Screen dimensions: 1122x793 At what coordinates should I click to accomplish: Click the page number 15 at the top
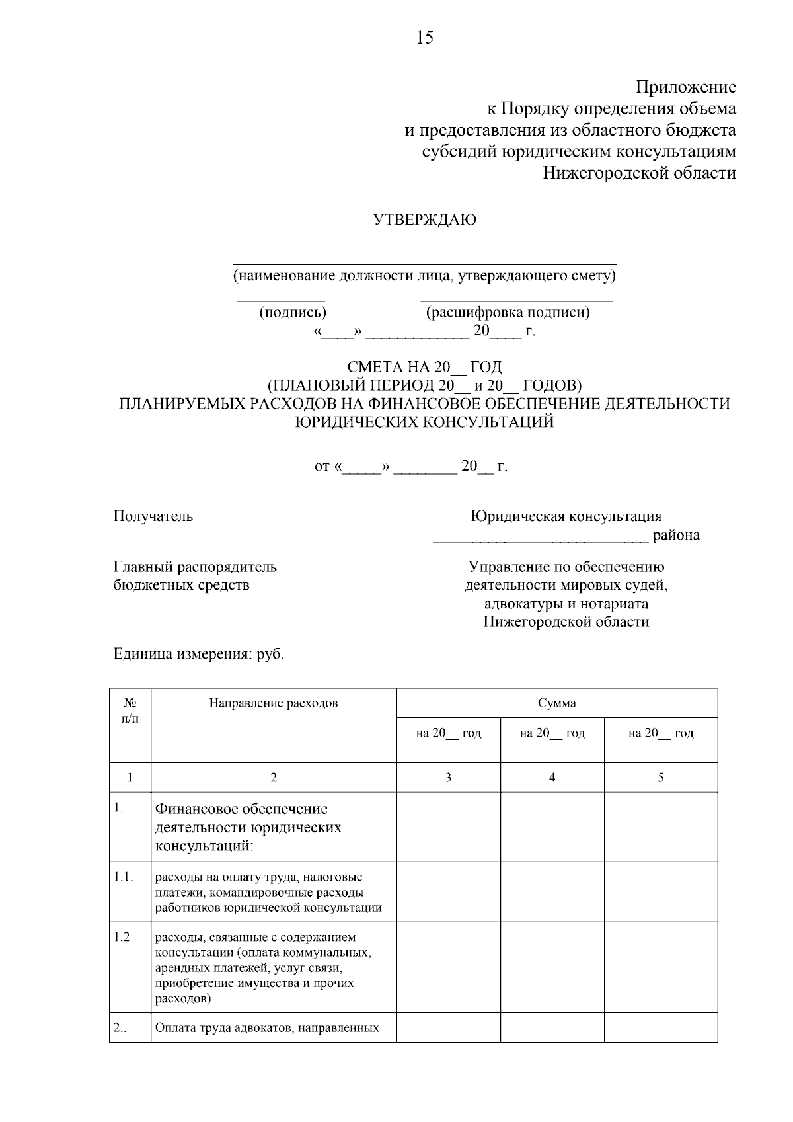424,38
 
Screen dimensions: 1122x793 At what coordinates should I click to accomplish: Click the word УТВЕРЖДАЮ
425,220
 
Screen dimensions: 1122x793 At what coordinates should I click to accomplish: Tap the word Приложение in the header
686,87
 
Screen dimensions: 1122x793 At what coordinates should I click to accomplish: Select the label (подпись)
293,312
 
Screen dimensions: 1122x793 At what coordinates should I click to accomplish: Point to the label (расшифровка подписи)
508,312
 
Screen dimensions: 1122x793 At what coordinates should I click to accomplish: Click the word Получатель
153,516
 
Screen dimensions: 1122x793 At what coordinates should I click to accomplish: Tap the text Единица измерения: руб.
198,654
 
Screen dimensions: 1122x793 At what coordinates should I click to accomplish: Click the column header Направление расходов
274,703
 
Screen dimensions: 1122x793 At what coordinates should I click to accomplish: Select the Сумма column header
556,703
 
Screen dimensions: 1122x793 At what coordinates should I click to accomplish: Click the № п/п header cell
130,710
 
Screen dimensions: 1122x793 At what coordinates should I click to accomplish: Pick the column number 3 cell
448,778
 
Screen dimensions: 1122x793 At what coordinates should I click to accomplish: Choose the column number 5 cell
660,778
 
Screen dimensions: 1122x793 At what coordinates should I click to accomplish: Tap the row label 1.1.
123,877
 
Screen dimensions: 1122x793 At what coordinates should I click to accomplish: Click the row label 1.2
122,937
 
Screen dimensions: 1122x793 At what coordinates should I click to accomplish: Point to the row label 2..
120,1027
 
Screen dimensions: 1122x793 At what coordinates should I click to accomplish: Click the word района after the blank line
676,535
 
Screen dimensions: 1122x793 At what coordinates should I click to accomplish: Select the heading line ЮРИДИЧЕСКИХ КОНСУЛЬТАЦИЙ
424,422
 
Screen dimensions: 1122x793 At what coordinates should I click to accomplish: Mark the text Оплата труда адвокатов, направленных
267,1028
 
